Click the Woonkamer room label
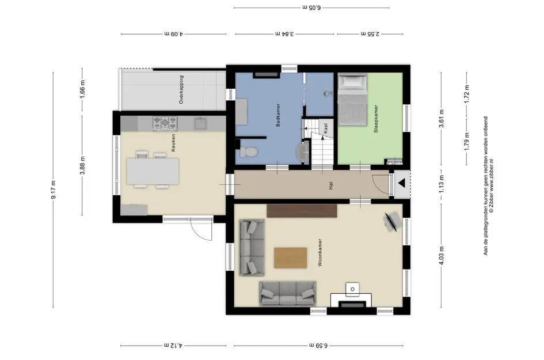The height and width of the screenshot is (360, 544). [320, 252]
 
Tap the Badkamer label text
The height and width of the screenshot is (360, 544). [278, 115]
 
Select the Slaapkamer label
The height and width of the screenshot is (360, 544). [376, 119]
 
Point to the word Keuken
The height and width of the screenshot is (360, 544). [173, 143]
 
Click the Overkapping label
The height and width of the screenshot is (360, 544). [181, 89]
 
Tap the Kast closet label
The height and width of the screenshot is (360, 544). [325, 128]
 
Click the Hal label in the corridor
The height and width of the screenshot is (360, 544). [331, 185]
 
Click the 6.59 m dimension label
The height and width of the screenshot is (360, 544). [318, 346]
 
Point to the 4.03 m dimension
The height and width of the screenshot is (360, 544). [442, 256]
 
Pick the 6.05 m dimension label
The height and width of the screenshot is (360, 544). [311, 7]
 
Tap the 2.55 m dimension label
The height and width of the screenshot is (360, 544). [370, 33]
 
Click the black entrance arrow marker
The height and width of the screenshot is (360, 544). [402, 184]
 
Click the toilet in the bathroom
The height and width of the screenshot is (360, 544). [249, 151]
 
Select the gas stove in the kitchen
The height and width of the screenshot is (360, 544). [165, 123]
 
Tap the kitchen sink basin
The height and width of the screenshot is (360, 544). [201, 124]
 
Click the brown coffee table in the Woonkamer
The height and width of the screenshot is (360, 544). [290, 257]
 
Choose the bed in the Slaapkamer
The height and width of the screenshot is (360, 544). [352, 100]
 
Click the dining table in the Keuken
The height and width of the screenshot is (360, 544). [153, 171]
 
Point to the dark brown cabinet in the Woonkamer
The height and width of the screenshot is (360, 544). [302, 211]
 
